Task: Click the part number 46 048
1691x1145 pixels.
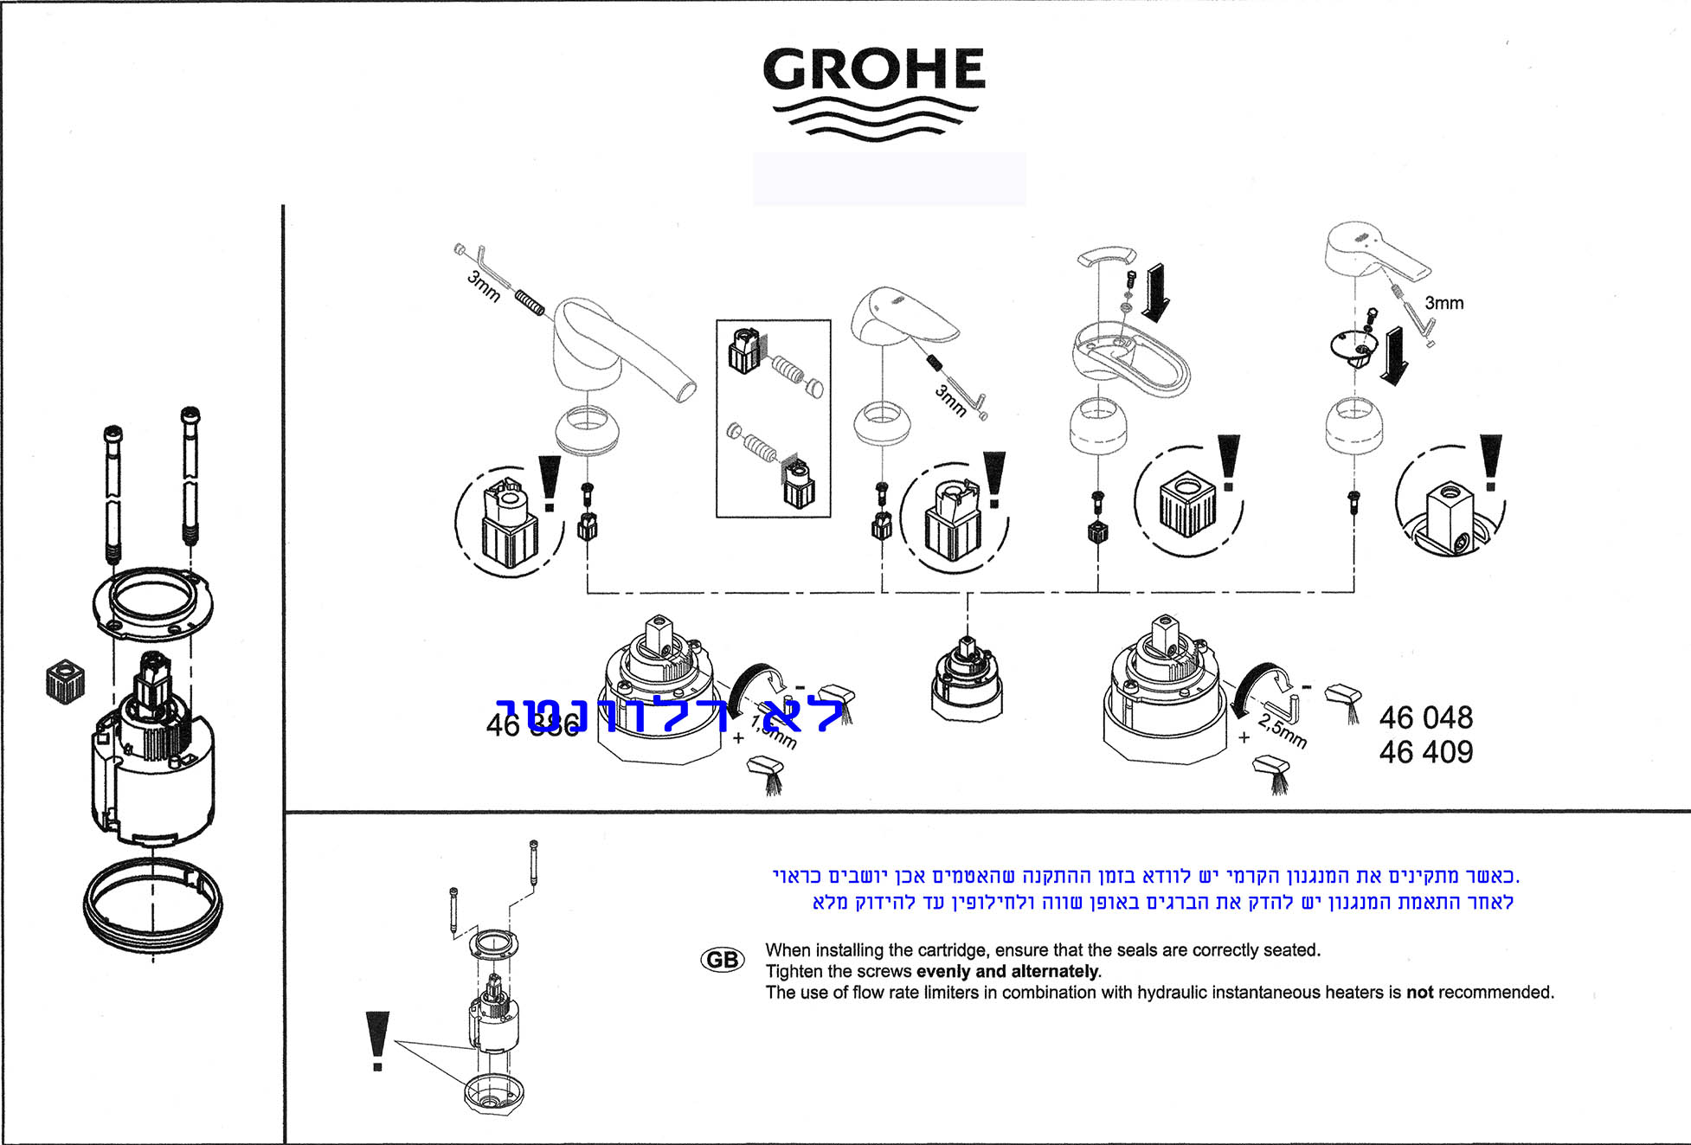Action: [1425, 717]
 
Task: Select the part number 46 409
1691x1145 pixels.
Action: [1425, 752]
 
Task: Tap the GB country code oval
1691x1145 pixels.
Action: [722, 960]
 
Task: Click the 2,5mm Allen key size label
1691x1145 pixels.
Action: [1283, 731]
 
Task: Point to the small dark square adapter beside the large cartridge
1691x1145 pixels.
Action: [65, 681]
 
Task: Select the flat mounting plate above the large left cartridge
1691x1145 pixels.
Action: [152, 602]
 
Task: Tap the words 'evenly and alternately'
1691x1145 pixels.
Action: [1007, 971]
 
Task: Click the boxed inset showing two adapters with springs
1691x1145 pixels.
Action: [773, 419]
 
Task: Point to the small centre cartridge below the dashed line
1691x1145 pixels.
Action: [967, 680]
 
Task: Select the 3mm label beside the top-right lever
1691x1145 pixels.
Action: [1443, 303]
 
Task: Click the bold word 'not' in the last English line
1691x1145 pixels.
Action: [1419, 993]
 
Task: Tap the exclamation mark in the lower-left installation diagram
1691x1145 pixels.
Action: [377, 1039]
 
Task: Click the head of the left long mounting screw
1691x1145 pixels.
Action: [113, 432]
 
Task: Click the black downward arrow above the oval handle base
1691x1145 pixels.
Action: [1155, 292]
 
